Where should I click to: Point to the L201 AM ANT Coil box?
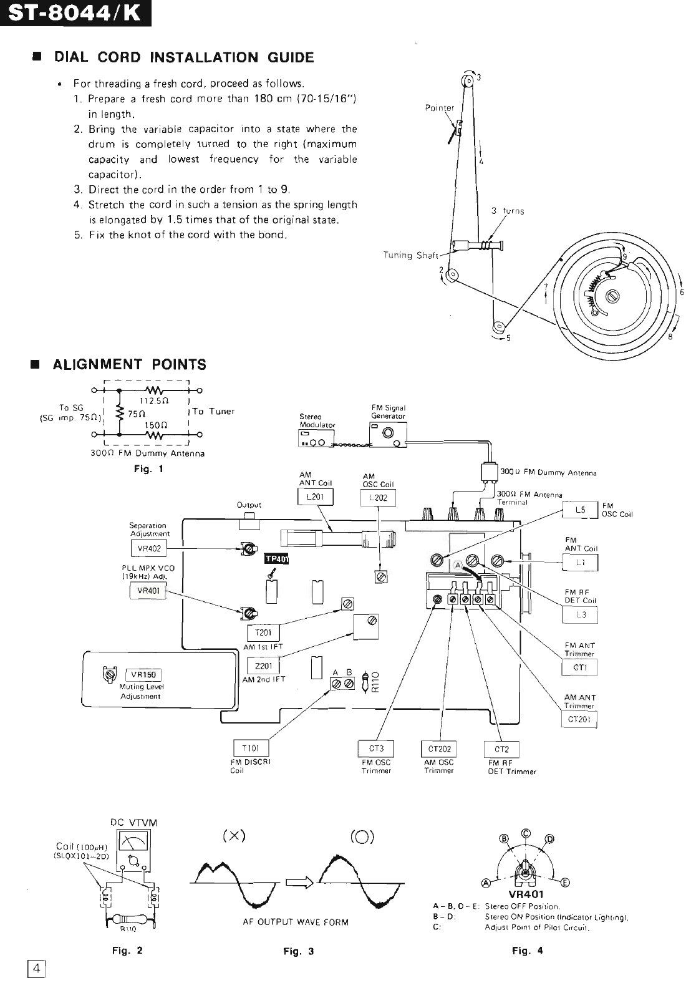click(x=316, y=496)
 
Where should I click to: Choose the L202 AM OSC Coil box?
click(x=378, y=498)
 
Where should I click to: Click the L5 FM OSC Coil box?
click(x=580, y=510)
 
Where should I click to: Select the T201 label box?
click(x=263, y=632)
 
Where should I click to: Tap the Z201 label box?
click(x=263, y=666)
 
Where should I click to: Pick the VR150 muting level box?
click(x=143, y=675)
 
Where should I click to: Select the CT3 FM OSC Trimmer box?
click(x=376, y=748)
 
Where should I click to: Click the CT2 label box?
click(x=501, y=749)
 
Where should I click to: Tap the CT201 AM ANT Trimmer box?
click(x=579, y=720)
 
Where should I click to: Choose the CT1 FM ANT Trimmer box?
click(x=579, y=668)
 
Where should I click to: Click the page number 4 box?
click(x=37, y=969)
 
